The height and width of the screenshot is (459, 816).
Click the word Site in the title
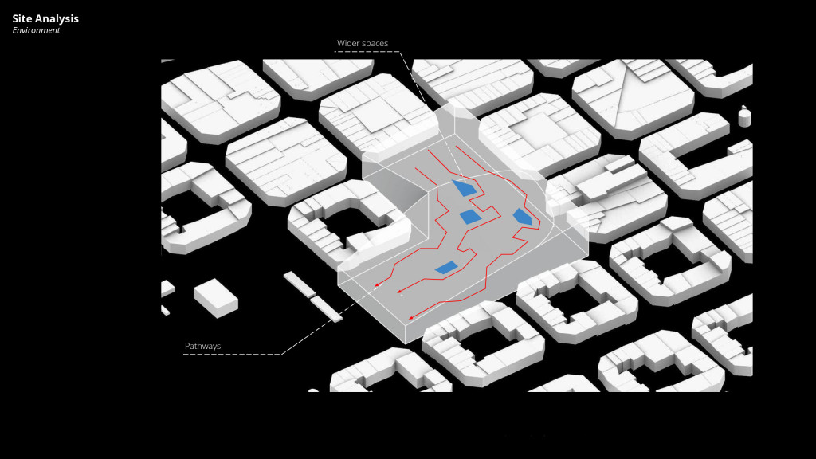tap(22, 18)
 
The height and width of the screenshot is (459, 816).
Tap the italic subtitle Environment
tap(36, 30)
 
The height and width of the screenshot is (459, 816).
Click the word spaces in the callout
tap(376, 44)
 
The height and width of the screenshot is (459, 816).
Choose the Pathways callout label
tap(202, 346)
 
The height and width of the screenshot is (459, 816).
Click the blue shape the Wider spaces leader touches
tap(465, 188)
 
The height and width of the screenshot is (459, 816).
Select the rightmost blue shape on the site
tap(522, 216)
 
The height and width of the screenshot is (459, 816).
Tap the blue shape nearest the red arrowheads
tap(446, 268)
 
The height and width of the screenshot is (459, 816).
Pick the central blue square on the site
tap(470, 216)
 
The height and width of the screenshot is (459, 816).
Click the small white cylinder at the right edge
tap(744, 117)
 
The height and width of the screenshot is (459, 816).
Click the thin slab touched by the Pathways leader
tap(326, 308)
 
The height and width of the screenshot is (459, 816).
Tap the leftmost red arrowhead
tap(378, 283)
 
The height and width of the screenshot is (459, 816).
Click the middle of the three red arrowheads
tap(399, 292)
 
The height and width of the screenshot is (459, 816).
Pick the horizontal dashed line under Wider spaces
tap(367, 53)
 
